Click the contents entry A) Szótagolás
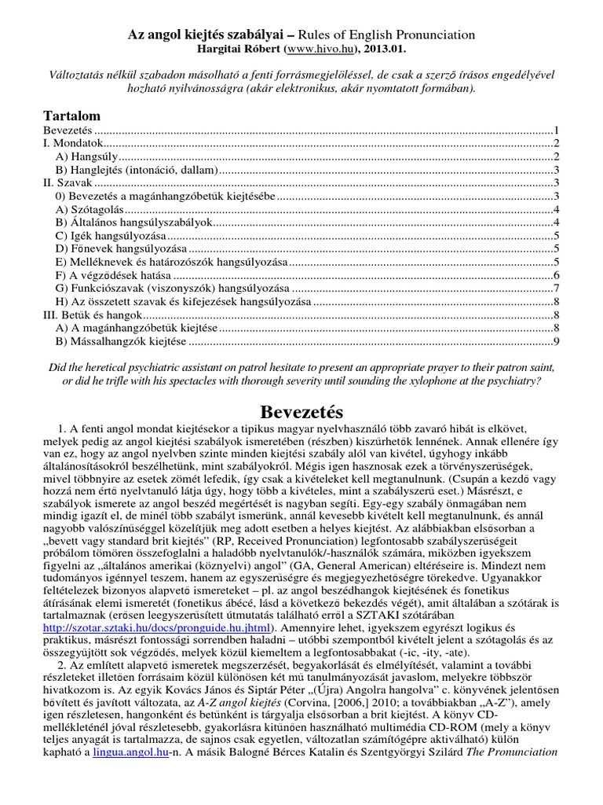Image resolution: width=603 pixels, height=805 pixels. [x=90, y=209]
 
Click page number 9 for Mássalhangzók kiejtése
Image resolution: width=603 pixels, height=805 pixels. [x=555, y=341]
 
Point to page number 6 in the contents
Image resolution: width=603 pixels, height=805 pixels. [x=555, y=275]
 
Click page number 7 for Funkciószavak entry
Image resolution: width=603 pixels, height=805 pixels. [x=555, y=289]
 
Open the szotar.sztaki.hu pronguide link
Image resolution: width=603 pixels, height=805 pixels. [x=155, y=627]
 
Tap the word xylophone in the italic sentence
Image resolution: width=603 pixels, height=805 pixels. [x=435, y=381]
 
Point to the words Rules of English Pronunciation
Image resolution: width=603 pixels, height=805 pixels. [x=391, y=34]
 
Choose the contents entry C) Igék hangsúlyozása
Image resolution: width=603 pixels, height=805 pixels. [x=111, y=235]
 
